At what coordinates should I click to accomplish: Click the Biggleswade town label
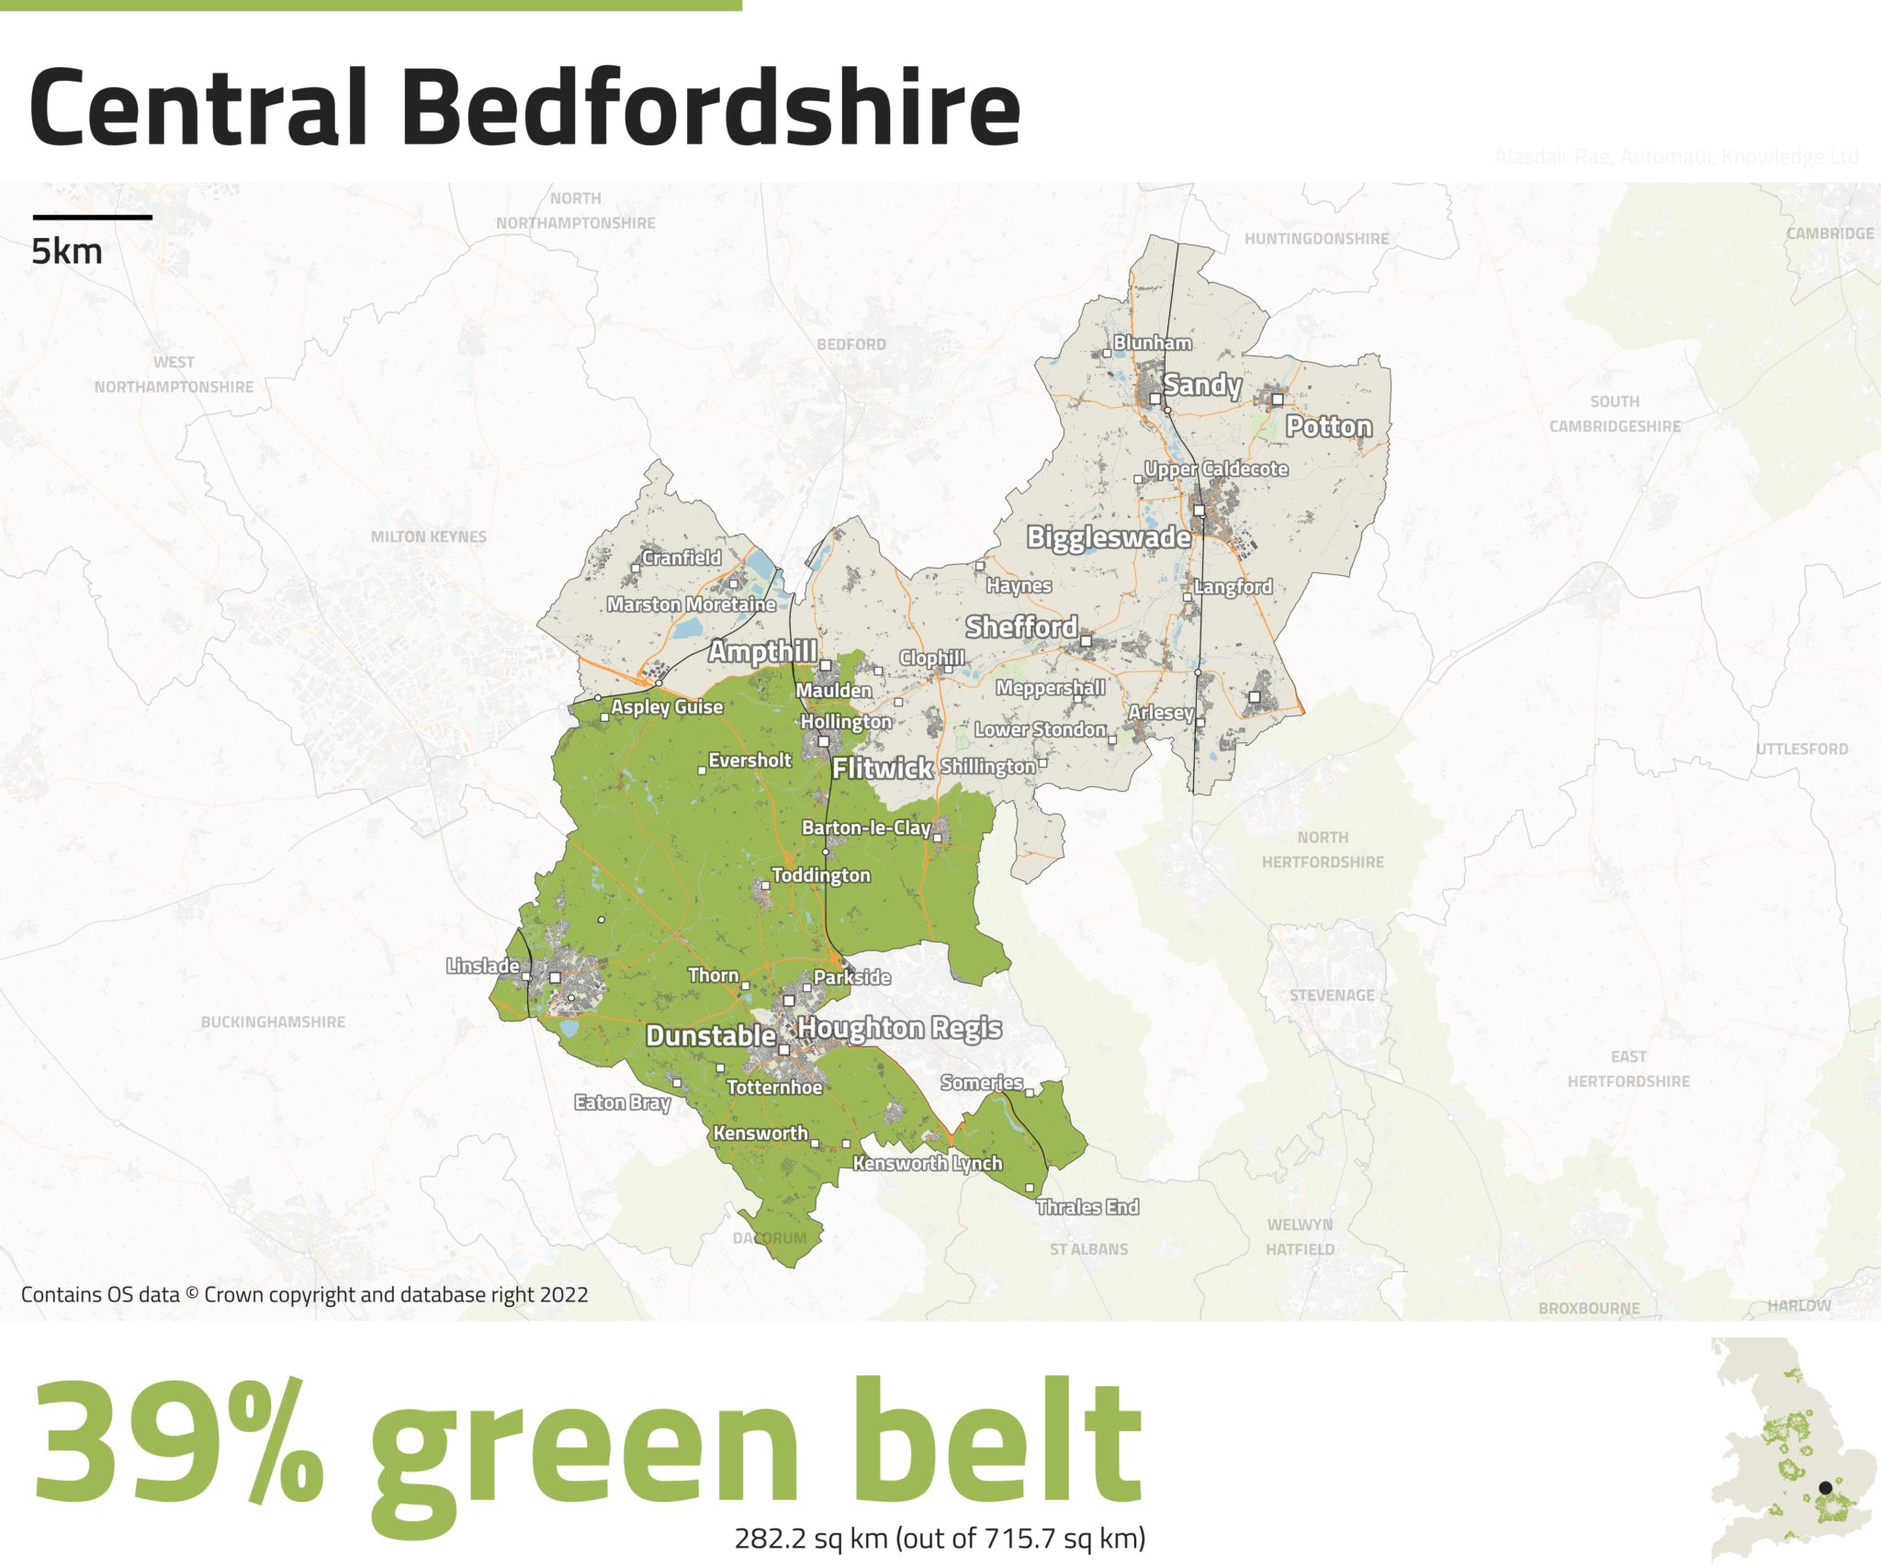(1109, 537)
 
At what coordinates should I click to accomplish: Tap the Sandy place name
(1202, 385)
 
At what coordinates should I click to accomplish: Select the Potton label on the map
(1328, 426)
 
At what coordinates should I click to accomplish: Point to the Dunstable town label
(711, 1036)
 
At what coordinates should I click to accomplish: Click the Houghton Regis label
(899, 1028)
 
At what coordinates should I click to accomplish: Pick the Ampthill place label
(762, 651)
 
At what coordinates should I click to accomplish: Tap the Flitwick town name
(883, 768)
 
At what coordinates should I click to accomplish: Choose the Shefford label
(1021, 627)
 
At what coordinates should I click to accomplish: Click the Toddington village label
(821, 875)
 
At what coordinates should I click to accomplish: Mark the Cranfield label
(681, 558)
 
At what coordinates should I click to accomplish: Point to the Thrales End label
(1087, 1207)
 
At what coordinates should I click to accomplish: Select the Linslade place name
(483, 965)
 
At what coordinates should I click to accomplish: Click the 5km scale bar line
(92, 218)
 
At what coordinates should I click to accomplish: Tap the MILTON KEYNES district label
(429, 536)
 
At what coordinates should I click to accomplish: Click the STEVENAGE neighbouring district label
(1332, 995)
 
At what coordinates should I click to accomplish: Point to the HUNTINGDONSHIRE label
(1316, 239)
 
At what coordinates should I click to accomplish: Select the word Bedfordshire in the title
(711, 108)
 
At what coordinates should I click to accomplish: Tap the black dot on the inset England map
(1825, 1488)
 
